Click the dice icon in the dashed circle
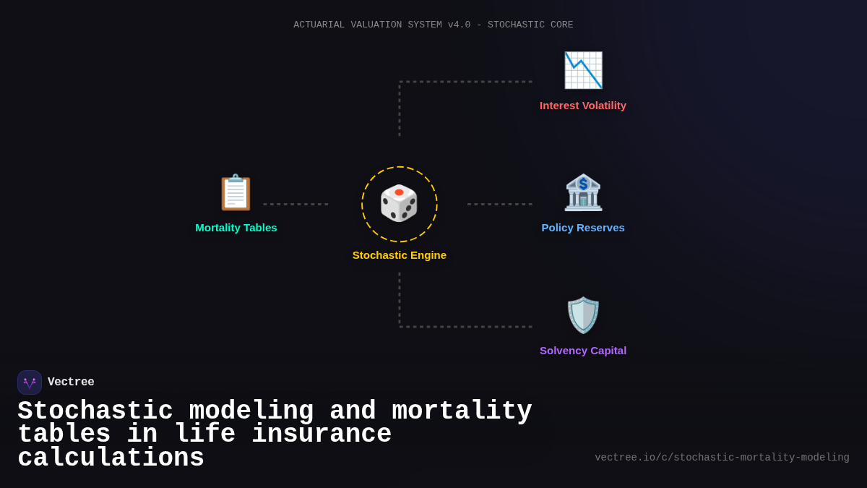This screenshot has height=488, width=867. coord(399,203)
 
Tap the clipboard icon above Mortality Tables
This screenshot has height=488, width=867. coord(236,192)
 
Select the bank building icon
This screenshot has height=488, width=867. coord(583,192)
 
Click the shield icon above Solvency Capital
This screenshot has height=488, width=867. coord(583,315)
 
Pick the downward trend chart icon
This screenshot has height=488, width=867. coord(583,70)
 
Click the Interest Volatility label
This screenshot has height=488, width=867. coord(583,106)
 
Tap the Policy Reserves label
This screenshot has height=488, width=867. coord(583,228)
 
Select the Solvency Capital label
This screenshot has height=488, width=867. coord(583,351)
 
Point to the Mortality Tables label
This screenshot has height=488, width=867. coord(236,228)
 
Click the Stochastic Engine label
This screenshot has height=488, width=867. coord(400,255)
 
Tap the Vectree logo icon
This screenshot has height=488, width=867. coord(30,382)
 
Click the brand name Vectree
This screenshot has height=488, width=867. coord(71,382)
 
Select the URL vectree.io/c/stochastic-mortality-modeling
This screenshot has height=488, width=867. coord(722,458)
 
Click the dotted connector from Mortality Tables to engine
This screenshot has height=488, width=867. coord(296,204)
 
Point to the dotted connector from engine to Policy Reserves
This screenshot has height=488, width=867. coord(500,204)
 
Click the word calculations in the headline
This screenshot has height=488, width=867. coord(111,458)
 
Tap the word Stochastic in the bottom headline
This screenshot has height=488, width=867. coord(95,411)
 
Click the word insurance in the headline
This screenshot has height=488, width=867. coord(322,435)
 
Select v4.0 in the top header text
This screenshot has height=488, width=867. coord(459,25)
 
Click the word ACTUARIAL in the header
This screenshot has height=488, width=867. coord(319,25)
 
